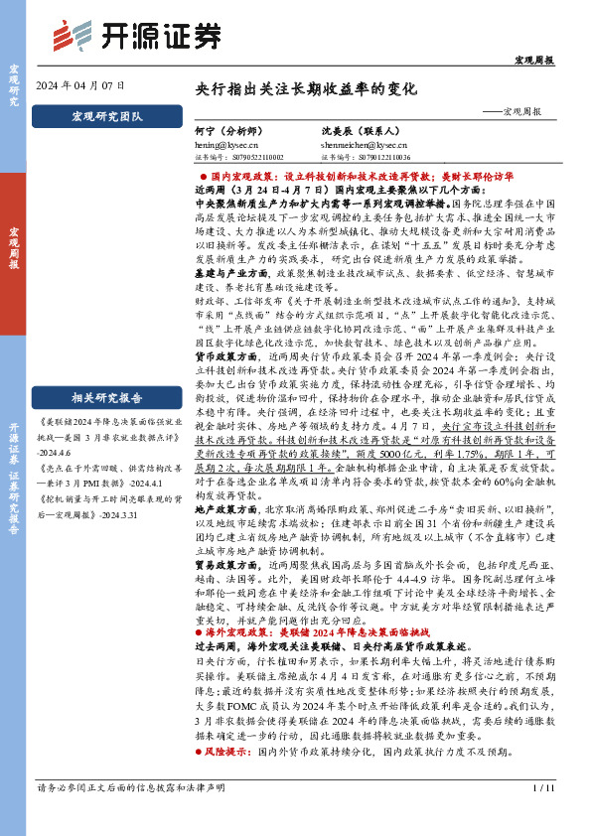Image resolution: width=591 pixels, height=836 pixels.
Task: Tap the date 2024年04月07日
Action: coord(79,86)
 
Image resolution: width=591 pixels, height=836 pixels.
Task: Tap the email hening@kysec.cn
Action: coord(226,144)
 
